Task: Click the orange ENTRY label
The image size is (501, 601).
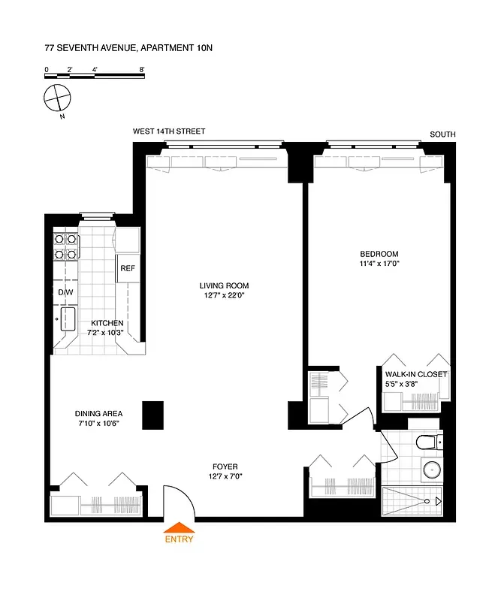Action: (x=179, y=539)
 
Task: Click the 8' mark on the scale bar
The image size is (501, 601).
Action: (x=142, y=69)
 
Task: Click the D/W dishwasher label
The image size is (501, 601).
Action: (x=65, y=292)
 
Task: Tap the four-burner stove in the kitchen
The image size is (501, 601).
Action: (x=66, y=246)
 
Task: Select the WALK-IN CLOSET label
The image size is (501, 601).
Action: (x=415, y=373)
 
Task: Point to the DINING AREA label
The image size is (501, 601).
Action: (x=98, y=413)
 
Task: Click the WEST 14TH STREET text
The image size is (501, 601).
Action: (x=169, y=131)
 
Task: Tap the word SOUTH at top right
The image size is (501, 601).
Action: (x=442, y=134)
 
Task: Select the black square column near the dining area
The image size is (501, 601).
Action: (x=152, y=415)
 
